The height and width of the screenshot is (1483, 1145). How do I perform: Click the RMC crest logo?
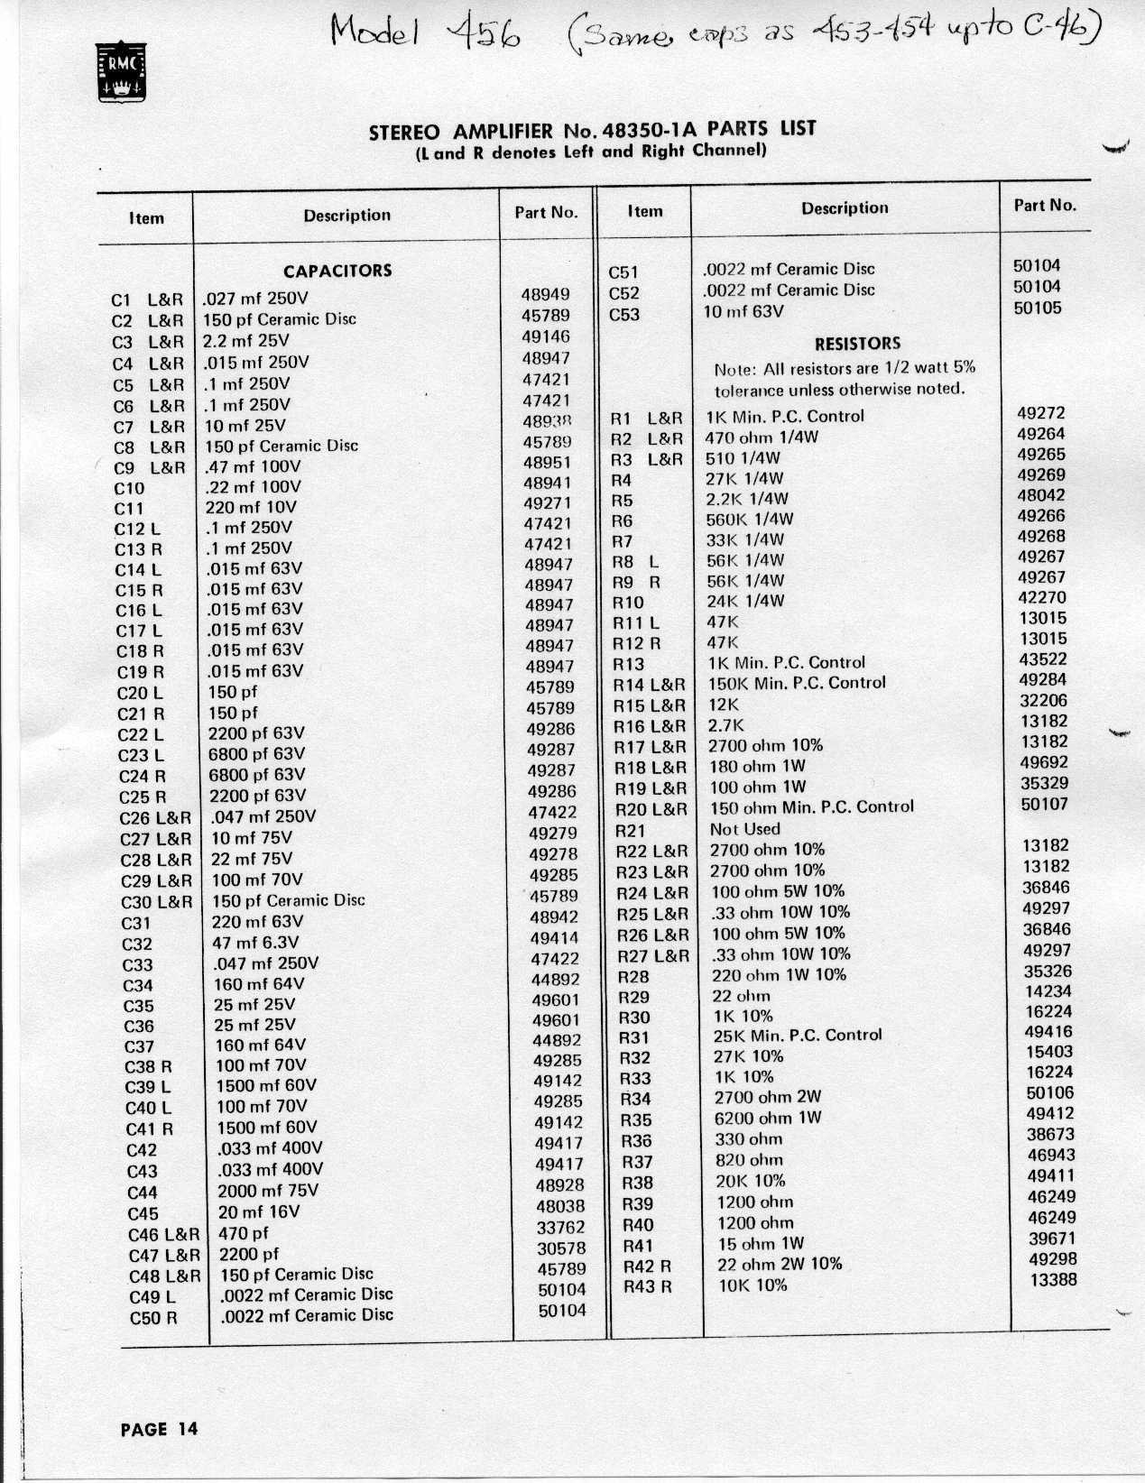120,74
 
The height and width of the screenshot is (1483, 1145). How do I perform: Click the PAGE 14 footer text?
159,1429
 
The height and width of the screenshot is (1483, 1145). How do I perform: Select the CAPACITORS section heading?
337,271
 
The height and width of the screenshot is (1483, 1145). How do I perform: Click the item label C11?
129,508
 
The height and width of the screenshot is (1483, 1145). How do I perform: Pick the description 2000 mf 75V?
268,1191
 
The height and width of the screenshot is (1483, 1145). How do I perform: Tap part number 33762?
561,1228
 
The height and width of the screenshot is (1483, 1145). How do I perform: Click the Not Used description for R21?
745,829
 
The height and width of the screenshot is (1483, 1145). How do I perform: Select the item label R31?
634,1037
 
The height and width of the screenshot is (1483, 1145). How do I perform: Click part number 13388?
1053,1280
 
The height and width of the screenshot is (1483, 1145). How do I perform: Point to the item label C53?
624,314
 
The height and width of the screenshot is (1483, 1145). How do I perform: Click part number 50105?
1037,308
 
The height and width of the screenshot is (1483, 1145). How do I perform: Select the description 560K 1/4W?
750,519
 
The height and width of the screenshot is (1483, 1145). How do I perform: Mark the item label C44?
143,1193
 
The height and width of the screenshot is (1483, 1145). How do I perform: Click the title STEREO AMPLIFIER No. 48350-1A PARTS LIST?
592,130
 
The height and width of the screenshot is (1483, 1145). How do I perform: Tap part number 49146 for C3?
547,336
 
